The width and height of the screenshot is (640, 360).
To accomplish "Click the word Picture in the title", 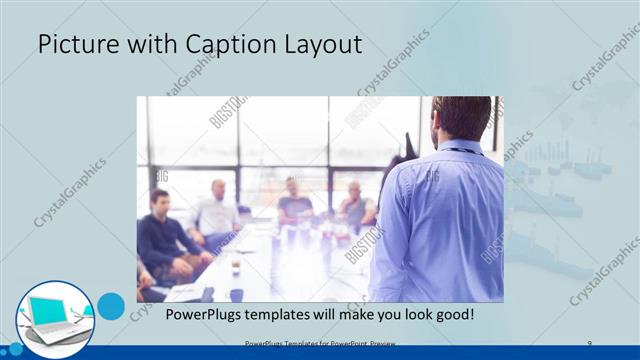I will [76, 45].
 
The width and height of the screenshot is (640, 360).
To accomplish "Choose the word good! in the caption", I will [451, 315].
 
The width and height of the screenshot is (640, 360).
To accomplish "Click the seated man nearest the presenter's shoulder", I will [354, 205].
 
